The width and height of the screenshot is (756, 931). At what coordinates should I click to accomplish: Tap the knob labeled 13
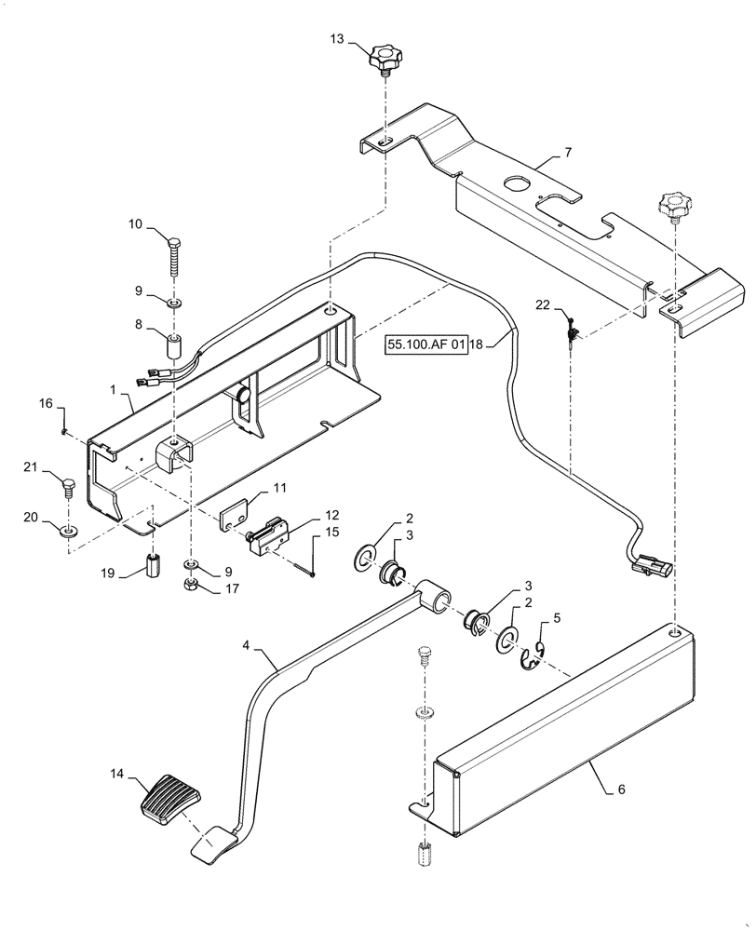(x=382, y=59)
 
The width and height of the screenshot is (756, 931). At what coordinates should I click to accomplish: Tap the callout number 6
(x=622, y=790)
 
